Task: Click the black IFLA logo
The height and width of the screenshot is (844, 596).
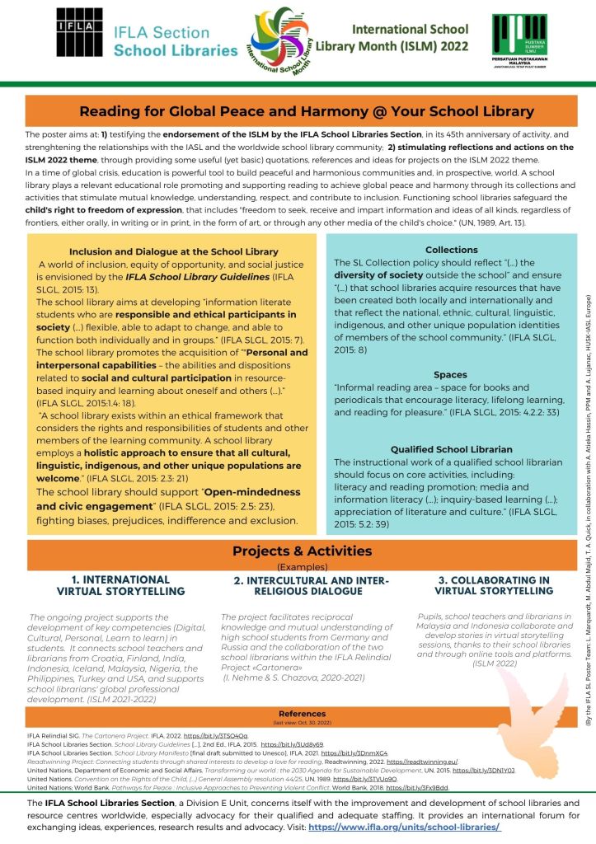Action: click(78, 35)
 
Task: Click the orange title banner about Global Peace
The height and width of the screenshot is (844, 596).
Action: click(306, 111)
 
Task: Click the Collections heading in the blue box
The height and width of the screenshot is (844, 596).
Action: click(451, 249)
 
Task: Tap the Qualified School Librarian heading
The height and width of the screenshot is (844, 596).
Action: click(451, 449)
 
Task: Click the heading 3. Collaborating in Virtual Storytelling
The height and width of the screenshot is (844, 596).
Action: click(493, 585)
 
